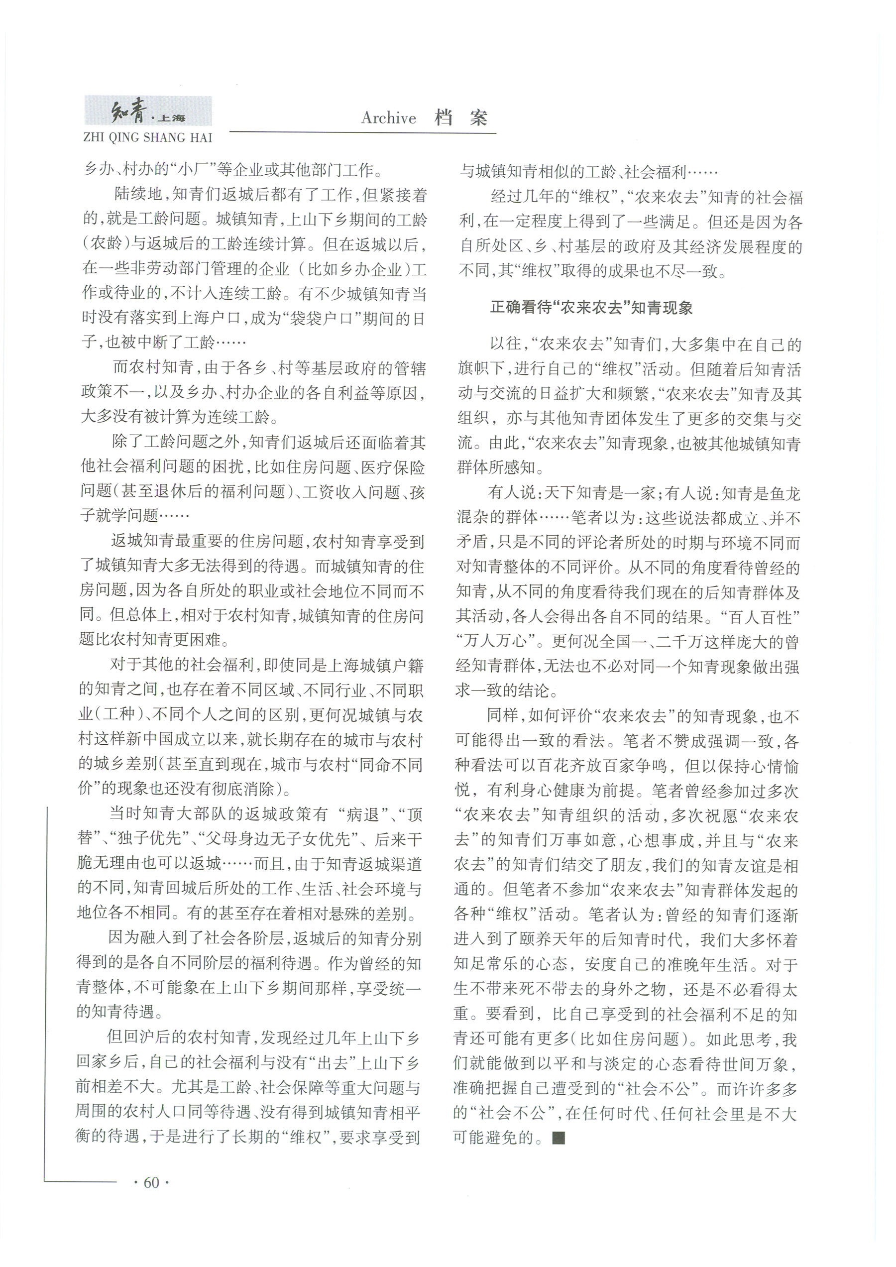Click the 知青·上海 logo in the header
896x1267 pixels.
pos(147,112)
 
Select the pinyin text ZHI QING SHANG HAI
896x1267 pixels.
pos(147,137)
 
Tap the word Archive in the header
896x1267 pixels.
pos(388,118)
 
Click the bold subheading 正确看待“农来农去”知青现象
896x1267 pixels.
pos(591,308)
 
